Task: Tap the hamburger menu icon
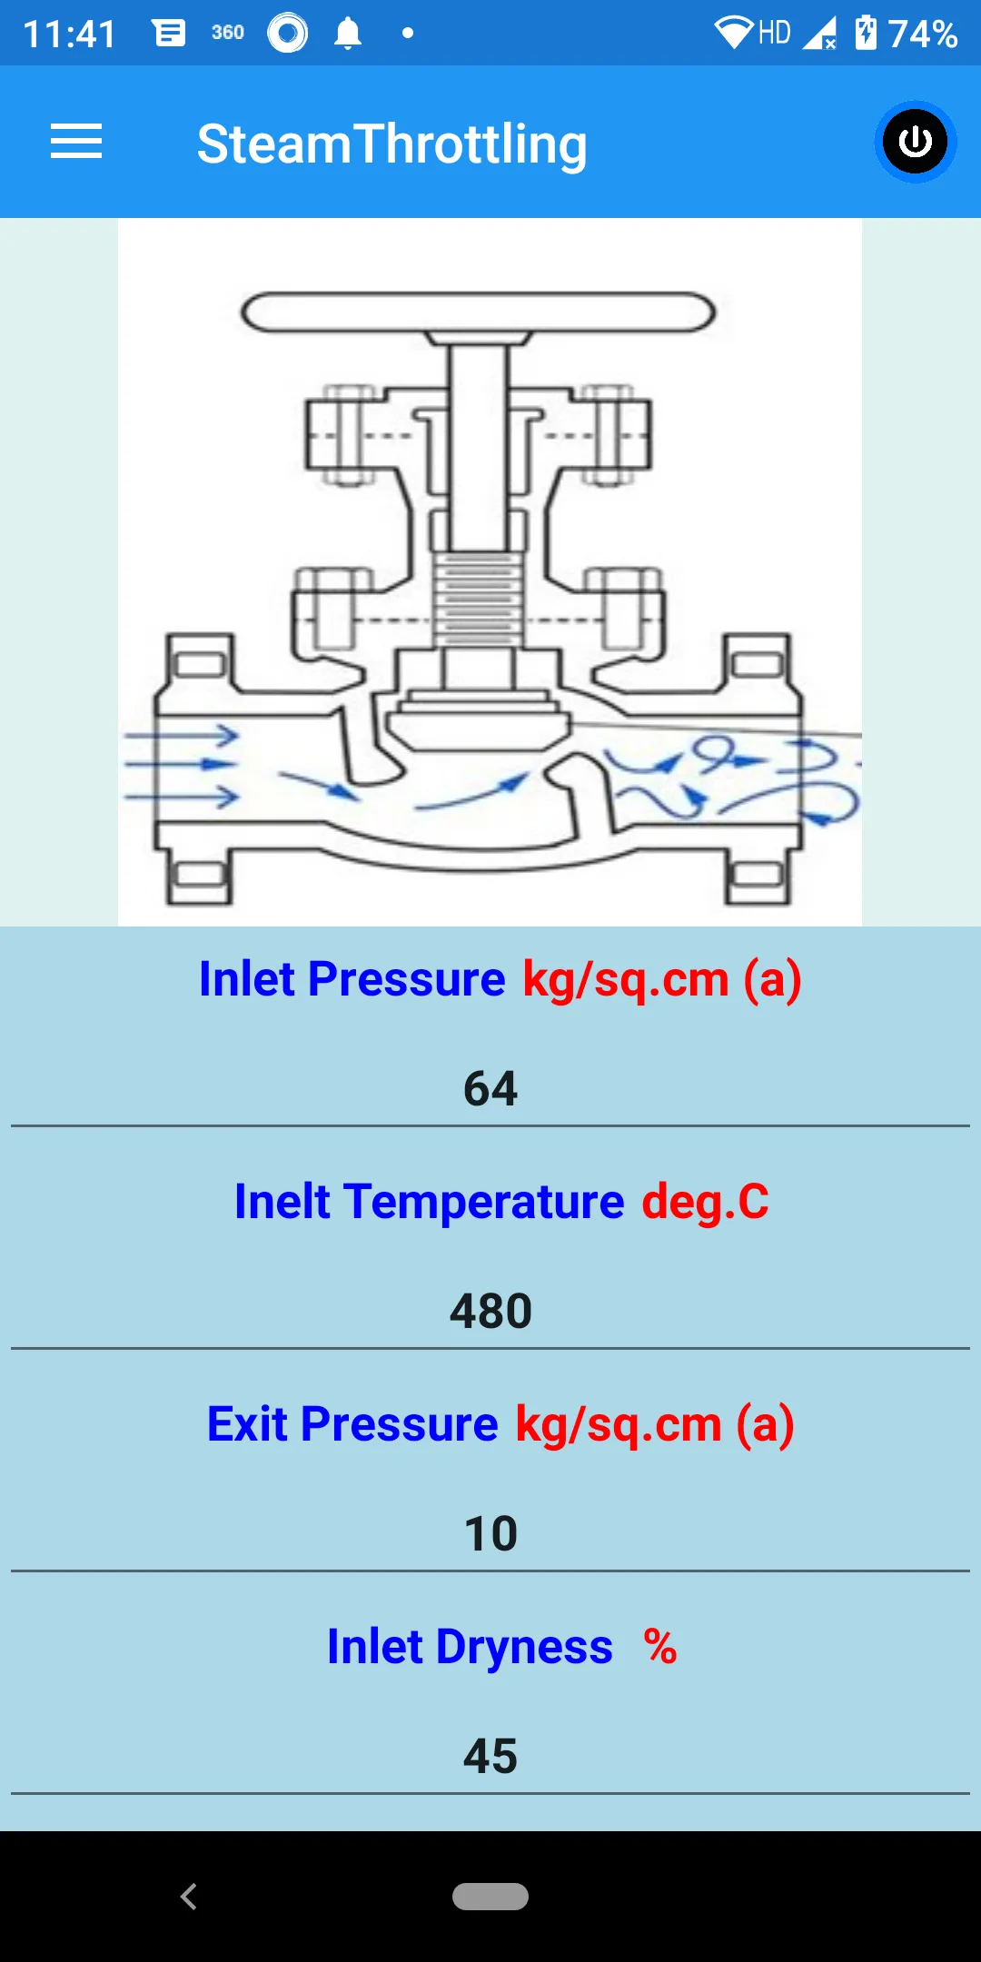(x=76, y=142)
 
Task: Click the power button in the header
(x=915, y=142)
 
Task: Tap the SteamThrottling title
(x=392, y=144)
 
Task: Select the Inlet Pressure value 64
(x=490, y=1088)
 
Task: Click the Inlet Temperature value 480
(x=490, y=1311)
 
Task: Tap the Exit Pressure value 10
(x=490, y=1533)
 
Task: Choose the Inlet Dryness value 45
(x=490, y=1756)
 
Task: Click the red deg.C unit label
(x=706, y=1202)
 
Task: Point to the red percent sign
(x=660, y=1646)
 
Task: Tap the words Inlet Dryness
(x=470, y=1646)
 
